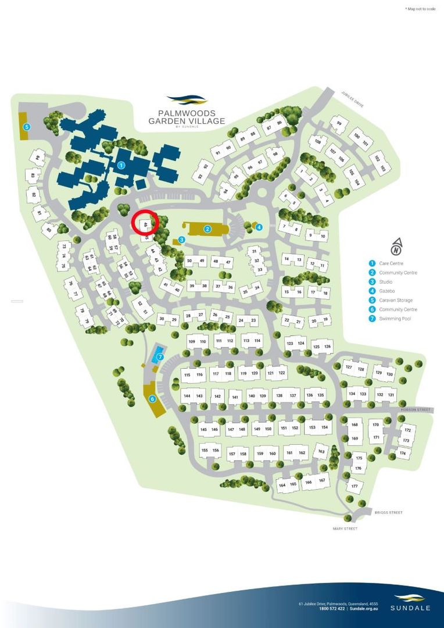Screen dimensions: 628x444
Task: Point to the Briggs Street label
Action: point(389,513)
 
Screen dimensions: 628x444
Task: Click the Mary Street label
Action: point(345,529)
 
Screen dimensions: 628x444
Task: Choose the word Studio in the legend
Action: point(385,282)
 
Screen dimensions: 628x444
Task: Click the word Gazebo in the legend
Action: point(386,291)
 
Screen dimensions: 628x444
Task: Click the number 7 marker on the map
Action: point(160,357)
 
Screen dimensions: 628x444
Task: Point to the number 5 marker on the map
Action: point(26,127)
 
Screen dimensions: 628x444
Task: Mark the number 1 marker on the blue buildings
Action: point(121,165)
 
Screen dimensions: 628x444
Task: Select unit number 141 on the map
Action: point(235,398)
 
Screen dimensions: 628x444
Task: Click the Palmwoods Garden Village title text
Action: point(181,117)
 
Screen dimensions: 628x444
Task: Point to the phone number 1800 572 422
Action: point(332,609)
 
